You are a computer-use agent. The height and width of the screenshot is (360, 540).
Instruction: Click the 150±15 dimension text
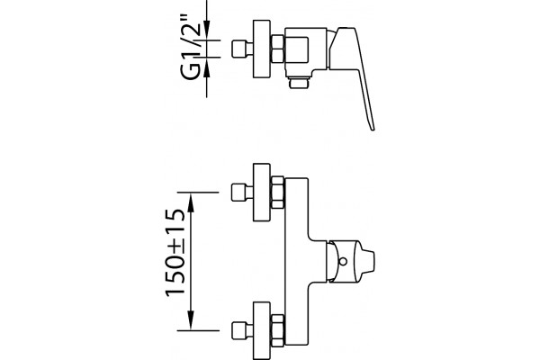(x=175, y=253)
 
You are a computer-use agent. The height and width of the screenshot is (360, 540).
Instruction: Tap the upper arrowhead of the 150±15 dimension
(x=191, y=202)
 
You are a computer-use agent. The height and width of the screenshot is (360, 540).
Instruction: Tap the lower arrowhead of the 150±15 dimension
(x=191, y=320)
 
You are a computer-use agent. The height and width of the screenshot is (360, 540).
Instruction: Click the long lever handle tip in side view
(x=372, y=128)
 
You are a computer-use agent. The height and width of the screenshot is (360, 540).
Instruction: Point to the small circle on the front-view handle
(x=343, y=262)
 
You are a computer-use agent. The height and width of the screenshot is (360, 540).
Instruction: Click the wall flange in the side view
(x=261, y=49)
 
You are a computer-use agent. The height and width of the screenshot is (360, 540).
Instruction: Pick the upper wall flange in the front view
(x=262, y=193)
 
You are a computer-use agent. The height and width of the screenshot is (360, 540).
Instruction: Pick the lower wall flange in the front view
(x=262, y=330)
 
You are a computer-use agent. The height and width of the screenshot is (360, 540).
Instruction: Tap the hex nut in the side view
(x=277, y=49)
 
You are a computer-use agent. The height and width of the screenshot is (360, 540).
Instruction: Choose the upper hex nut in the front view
(x=277, y=193)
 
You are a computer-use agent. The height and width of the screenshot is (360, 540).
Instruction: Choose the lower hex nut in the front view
(x=277, y=330)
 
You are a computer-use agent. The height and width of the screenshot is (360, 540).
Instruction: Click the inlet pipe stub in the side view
(x=242, y=49)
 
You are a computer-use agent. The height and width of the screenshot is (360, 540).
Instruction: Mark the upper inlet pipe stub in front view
(x=242, y=193)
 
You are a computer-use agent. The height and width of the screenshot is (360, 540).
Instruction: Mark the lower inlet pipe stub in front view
(x=242, y=330)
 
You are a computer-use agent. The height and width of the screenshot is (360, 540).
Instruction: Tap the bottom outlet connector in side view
(x=299, y=83)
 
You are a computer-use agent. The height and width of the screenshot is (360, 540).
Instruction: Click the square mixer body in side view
(x=306, y=51)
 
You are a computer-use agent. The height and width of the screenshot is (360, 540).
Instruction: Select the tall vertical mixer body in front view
(x=296, y=262)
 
